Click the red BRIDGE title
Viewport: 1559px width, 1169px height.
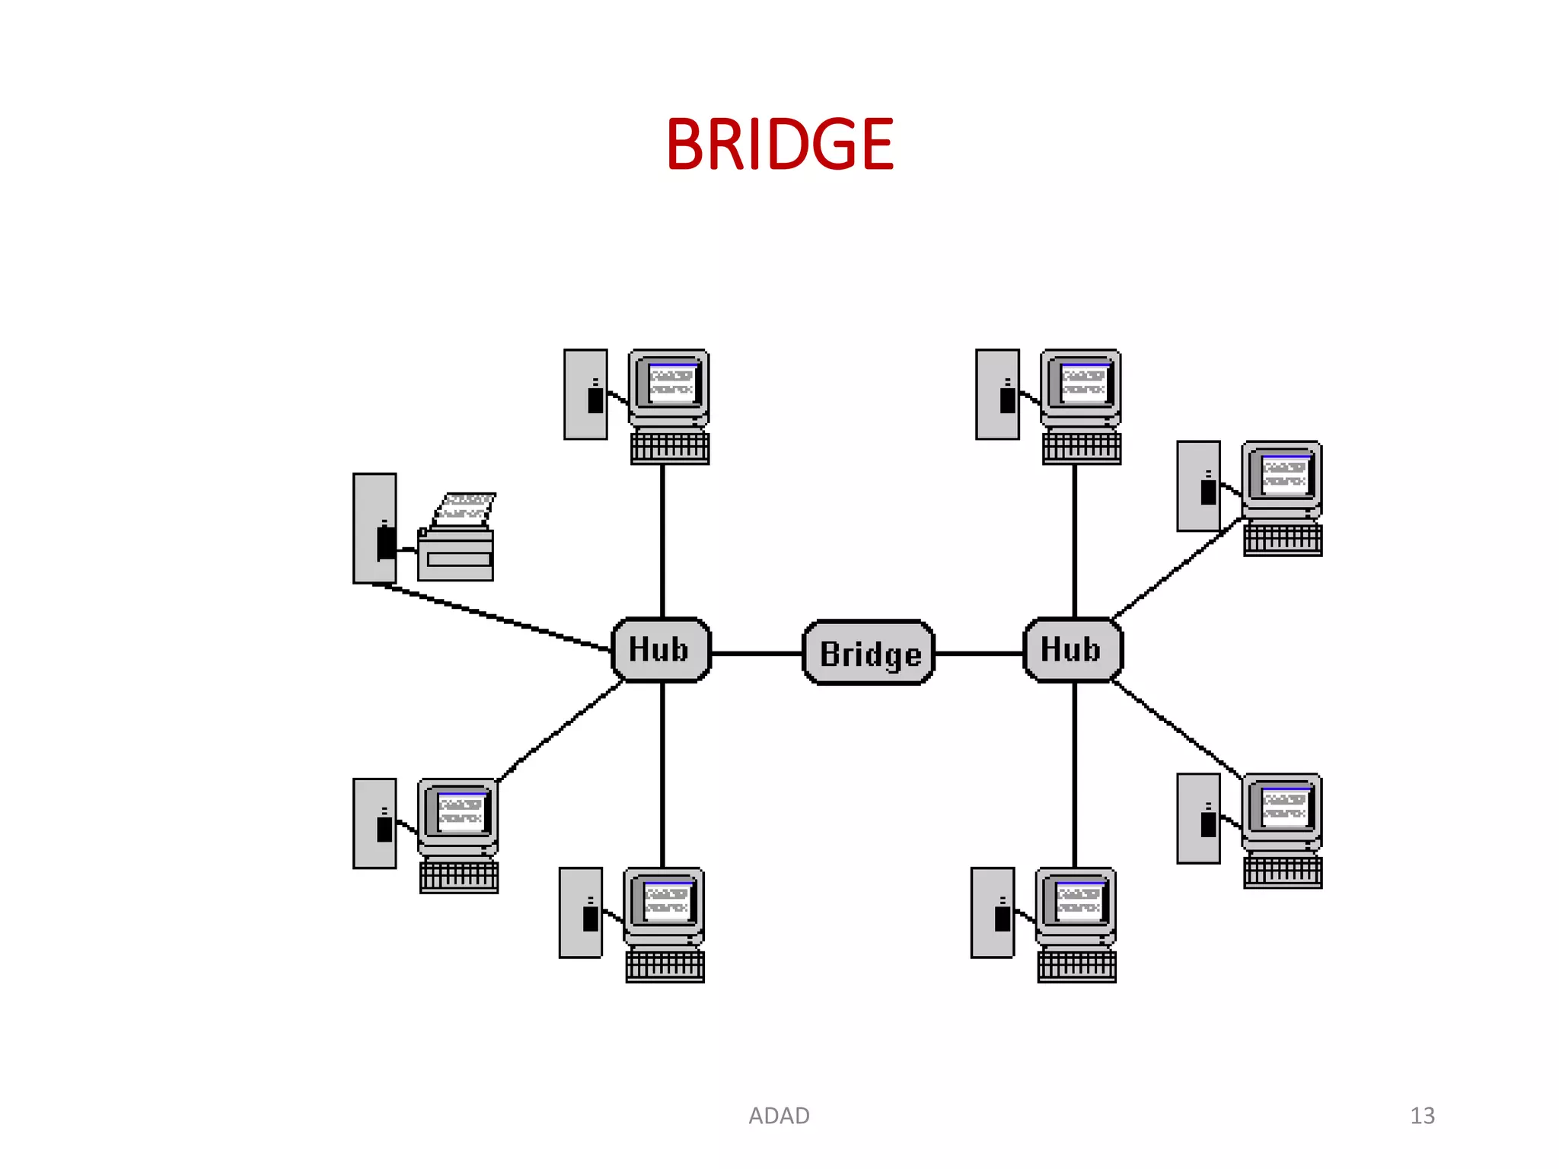point(779,145)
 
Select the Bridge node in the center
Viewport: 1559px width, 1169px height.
point(869,653)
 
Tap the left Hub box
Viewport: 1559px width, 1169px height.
point(661,650)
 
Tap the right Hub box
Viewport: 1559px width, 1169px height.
point(1073,650)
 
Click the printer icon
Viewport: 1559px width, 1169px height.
point(455,552)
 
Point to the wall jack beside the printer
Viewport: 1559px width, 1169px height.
point(375,528)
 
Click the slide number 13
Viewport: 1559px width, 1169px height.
point(1421,1116)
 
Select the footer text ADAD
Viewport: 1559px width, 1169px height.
point(779,1116)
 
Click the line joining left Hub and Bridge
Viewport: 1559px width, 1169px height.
point(757,653)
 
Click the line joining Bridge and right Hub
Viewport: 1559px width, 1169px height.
point(979,653)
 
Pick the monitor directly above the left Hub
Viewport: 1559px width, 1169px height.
point(669,387)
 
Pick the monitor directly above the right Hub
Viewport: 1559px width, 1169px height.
point(1081,387)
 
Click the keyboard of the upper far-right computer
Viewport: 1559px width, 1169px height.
point(1283,540)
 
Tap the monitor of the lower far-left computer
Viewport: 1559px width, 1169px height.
point(458,815)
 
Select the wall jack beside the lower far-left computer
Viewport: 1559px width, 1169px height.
point(375,823)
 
